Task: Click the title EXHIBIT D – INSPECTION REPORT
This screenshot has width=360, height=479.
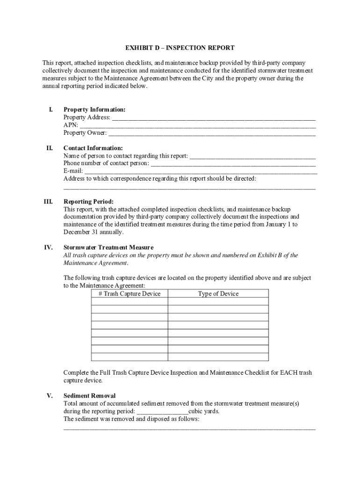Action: (180, 48)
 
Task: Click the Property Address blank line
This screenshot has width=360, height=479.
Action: (214, 118)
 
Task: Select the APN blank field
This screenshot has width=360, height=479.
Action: (197, 126)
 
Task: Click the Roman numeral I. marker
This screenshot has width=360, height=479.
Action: (50, 109)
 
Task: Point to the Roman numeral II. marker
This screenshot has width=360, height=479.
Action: (49, 148)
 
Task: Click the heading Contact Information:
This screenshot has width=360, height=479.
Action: (93, 148)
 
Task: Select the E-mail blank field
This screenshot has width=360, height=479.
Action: (201, 171)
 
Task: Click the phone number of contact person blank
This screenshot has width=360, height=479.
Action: (233, 164)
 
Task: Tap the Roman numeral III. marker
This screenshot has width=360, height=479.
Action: (48, 202)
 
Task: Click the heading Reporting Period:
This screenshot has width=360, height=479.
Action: (88, 202)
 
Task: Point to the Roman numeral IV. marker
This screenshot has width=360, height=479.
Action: (49, 247)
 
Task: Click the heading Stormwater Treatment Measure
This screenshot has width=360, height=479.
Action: (115, 247)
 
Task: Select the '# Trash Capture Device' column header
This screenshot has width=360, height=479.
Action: (130, 294)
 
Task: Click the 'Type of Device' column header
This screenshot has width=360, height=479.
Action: (218, 294)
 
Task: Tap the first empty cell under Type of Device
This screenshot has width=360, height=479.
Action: (218, 302)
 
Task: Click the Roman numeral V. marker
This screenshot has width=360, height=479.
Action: (49, 396)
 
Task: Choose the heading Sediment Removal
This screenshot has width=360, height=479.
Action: (89, 396)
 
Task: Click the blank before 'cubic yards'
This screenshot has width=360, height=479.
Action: (162, 412)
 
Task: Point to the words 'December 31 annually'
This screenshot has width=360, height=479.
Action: (94, 232)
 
